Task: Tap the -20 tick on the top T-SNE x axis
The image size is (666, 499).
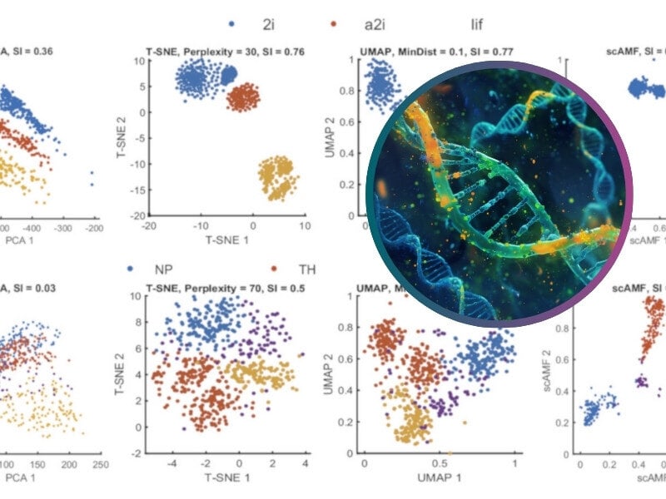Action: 150,225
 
